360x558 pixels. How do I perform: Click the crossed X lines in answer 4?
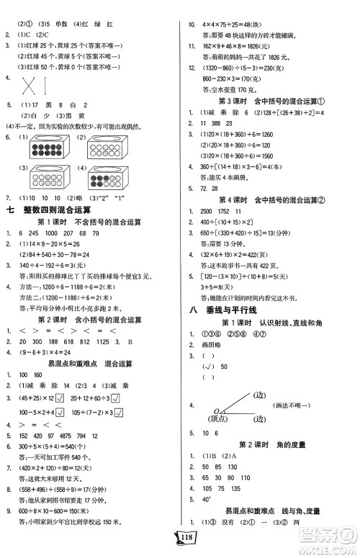(x=30, y=86)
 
